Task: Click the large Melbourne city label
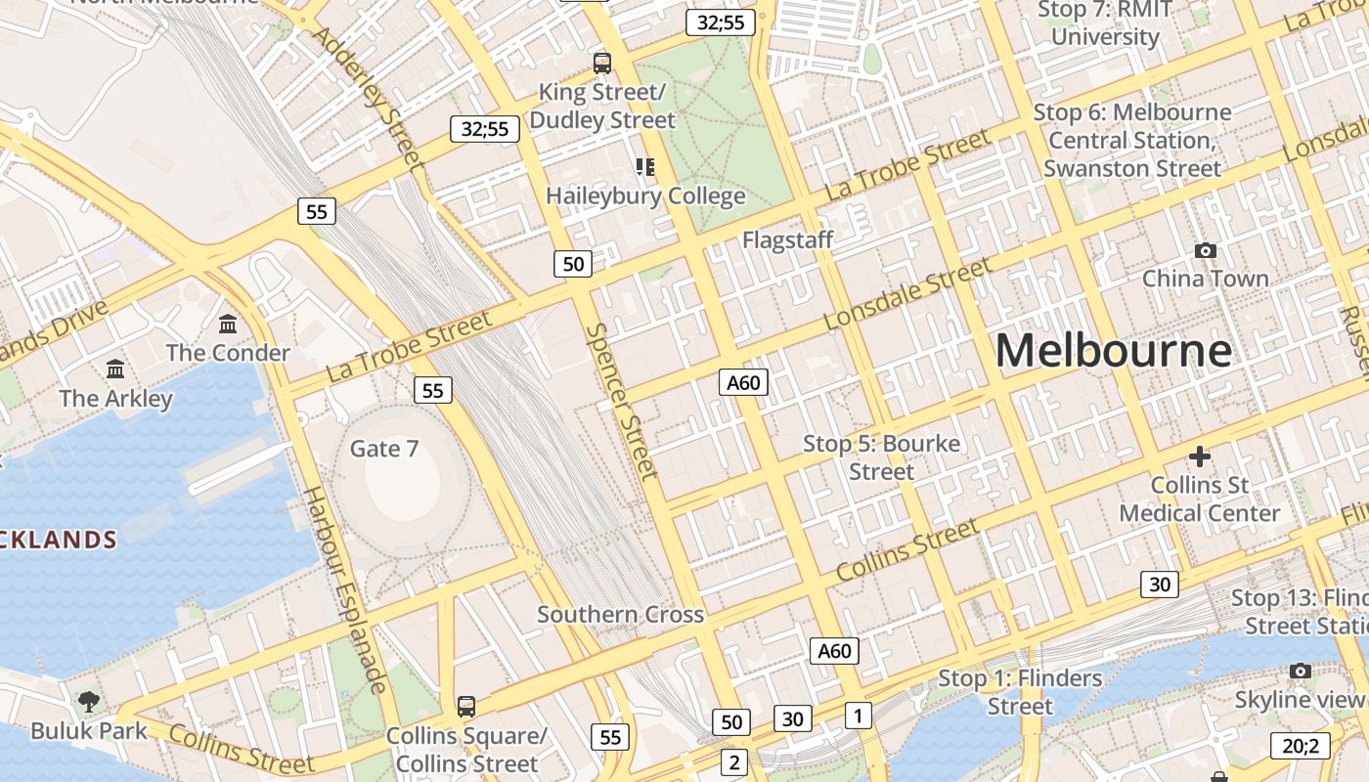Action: (x=1113, y=350)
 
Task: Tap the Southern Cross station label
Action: (x=620, y=615)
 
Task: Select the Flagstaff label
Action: (x=787, y=239)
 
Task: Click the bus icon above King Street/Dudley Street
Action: (x=602, y=64)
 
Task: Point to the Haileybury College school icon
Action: (x=644, y=167)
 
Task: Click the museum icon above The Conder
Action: (x=228, y=324)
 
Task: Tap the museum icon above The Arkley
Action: (x=115, y=369)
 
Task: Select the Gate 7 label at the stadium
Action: (x=384, y=449)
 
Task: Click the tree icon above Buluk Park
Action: (x=89, y=701)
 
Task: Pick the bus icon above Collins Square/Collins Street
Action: (x=466, y=706)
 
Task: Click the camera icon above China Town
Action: (x=1206, y=250)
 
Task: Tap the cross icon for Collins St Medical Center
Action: (x=1199, y=456)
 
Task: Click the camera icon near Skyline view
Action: (x=1300, y=671)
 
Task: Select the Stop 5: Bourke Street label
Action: (x=881, y=457)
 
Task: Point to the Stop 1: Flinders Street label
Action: (x=1020, y=692)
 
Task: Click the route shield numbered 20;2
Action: (x=1300, y=746)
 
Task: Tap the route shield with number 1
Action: (x=858, y=716)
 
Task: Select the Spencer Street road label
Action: (x=621, y=401)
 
